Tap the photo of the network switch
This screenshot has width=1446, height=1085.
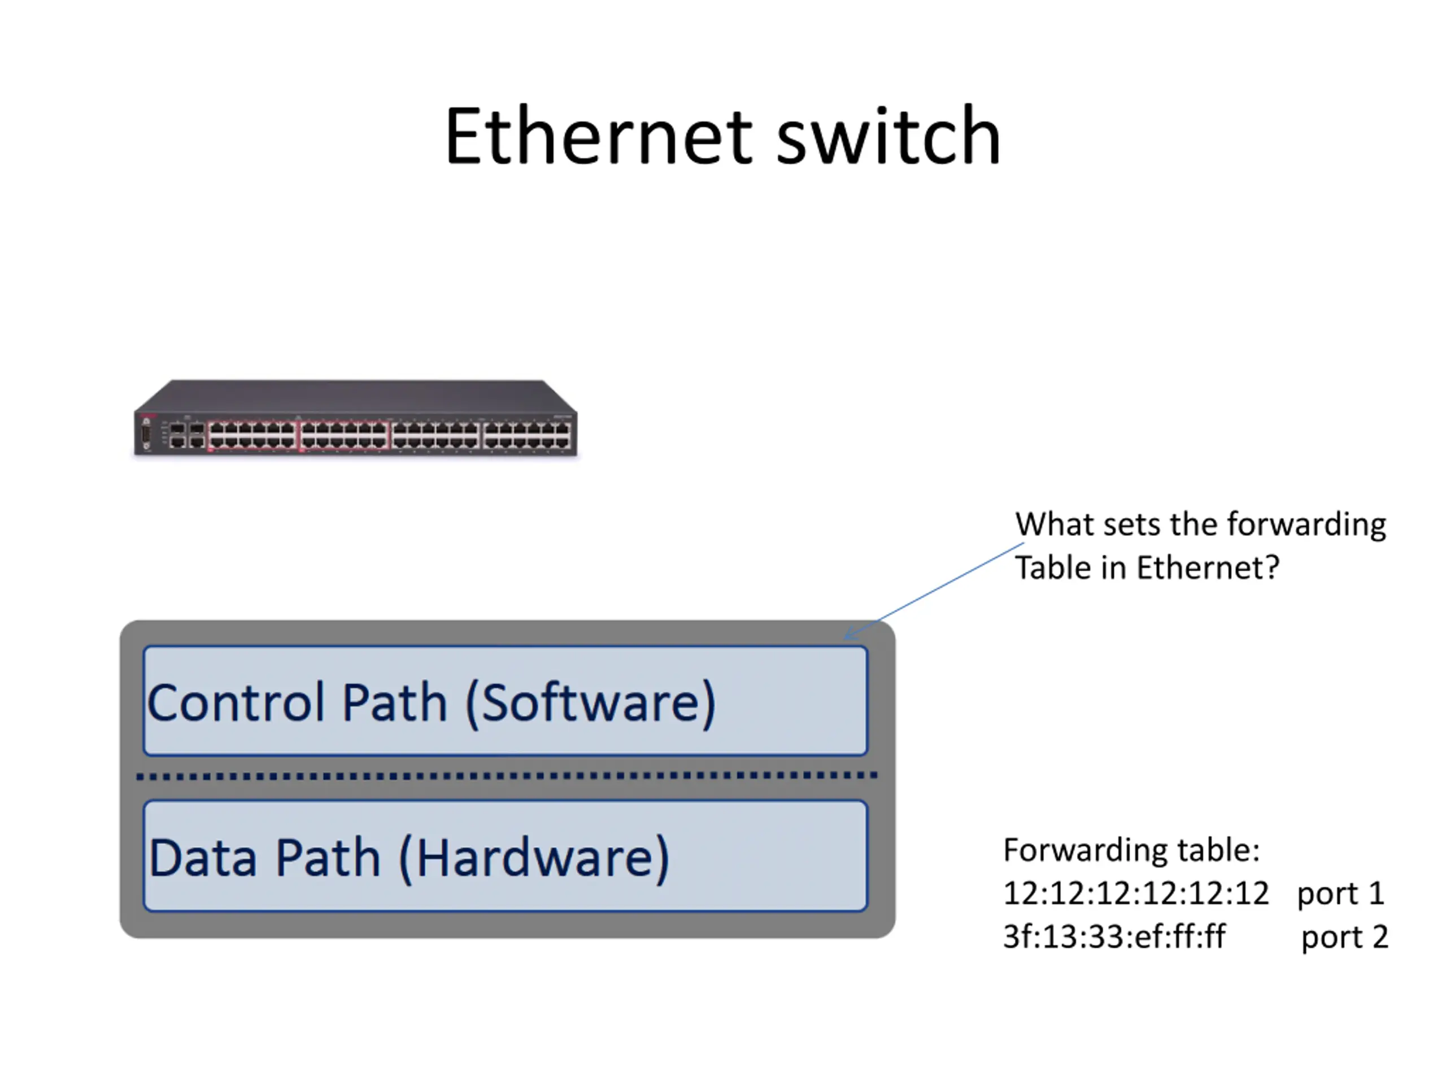pyautogui.click(x=356, y=418)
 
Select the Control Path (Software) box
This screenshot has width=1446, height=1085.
pyautogui.click(x=506, y=700)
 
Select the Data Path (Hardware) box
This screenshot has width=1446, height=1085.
pyautogui.click(x=506, y=856)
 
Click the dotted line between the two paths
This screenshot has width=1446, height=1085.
pyautogui.click(x=507, y=776)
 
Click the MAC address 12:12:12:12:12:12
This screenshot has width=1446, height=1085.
pyautogui.click(x=1135, y=893)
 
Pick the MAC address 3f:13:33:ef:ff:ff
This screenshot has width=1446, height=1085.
pyautogui.click(x=1114, y=936)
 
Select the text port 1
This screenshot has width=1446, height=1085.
pyautogui.click(x=1340, y=894)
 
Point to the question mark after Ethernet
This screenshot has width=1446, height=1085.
pyautogui.click(x=1272, y=567)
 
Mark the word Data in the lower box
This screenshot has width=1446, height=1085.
pyautogui.click(x=203, y=857)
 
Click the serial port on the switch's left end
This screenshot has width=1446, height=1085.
pyautogui.click(x=146, y=433)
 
